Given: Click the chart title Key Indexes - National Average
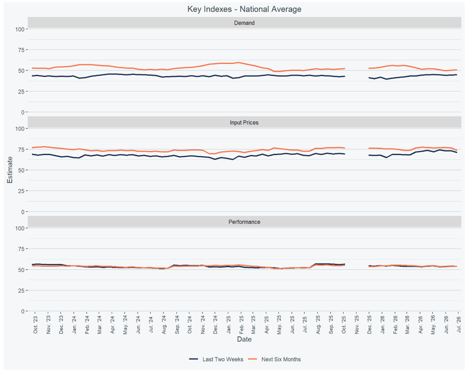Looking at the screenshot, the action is click(244, 9).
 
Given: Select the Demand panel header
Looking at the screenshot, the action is click(244, 23).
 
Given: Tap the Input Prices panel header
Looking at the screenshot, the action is click(244, 122).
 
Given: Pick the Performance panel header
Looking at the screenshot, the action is click(244, 222).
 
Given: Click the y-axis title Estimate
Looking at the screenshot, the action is click(10, 170).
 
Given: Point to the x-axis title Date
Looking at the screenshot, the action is click(244, 339).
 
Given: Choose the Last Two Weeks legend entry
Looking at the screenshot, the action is click(216, 359).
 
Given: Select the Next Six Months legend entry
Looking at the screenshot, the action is click(274, 359).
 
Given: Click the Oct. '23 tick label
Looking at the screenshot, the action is click(36, 325).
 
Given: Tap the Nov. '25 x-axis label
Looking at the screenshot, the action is click(357, 325).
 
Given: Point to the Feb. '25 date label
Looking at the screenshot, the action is click(241, 325).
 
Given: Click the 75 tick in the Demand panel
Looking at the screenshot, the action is click(21, 50).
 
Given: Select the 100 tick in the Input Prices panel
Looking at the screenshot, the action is click(20, 128).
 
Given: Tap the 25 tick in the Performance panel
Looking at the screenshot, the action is click(21, 291).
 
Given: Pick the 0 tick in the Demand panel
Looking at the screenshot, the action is click(23, 112).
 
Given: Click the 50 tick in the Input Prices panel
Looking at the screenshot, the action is click(21, 170).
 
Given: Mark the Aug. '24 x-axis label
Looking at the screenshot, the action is click(164, 325).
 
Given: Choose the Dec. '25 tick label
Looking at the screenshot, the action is click(369, 325).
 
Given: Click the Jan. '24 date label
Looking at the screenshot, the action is click(74, 325).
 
